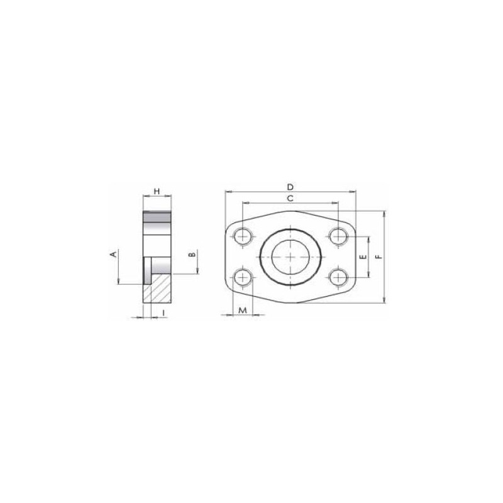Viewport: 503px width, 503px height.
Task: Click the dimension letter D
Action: pos(290,187)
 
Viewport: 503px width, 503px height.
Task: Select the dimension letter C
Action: pos(290,199)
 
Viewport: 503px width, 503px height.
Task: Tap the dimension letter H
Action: pos(157,192)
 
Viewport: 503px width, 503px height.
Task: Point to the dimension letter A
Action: pos(113,254)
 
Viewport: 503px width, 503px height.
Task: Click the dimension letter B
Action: pos(192,255)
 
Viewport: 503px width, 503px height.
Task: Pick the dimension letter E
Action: pos(363,257)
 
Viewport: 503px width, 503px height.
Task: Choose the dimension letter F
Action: pos(380,257)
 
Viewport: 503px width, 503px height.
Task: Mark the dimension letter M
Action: pos(243,310)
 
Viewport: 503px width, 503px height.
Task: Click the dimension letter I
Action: pos(163,312)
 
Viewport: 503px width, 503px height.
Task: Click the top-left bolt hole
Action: pos(243,237)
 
